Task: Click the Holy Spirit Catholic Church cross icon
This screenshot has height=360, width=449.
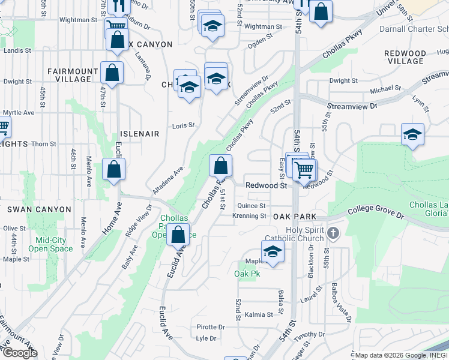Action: click(334, 232)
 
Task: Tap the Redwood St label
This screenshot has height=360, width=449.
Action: click(267, 186)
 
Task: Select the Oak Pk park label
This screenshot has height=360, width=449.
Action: click(247, 274)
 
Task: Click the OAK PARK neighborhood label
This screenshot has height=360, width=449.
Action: click(294, 216)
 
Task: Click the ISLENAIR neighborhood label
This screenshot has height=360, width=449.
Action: click(139, 134)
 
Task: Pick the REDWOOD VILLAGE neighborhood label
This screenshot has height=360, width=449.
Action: click(406, 58)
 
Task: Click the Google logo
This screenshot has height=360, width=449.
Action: click(20, 353)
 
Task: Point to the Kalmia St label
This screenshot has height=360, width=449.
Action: click(259, 314)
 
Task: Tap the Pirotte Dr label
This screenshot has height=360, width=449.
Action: click(211, 327)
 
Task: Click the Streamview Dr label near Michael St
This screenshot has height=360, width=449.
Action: click(352, 106)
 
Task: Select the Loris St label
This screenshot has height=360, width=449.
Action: click(184, 125)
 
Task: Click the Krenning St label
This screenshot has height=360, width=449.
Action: click(249, 216)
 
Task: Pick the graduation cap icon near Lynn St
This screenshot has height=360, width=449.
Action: click(412, 134)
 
